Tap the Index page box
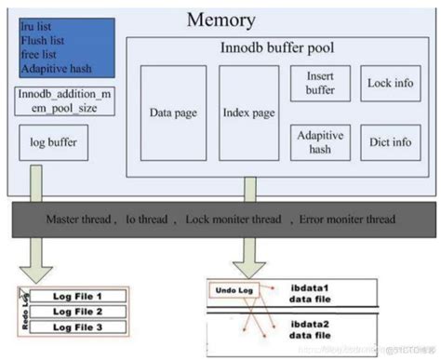tap(247, 113)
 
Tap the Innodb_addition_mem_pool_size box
tap(64, 101)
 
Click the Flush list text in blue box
tap(42, 42)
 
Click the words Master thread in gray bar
tap(82, 220)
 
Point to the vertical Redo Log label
tap(25, 311)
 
